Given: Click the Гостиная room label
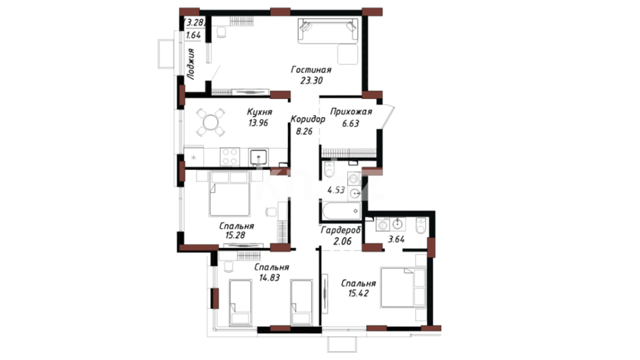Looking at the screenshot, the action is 311,70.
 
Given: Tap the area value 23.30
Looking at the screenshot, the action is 311,80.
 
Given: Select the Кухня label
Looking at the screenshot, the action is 259,112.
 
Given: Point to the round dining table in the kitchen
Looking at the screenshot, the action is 210,122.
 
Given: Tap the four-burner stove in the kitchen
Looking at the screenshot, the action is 230,156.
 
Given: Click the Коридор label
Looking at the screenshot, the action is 308,119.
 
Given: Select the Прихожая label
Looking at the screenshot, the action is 351,112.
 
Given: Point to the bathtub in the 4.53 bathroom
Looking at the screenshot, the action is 341,211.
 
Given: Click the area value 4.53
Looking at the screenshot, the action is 336,190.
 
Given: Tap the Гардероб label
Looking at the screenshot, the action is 341,230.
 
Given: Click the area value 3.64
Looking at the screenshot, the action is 396,239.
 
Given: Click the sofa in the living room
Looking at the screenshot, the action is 328,31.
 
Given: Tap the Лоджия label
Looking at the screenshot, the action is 191,64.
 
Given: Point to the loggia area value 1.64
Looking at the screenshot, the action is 193,35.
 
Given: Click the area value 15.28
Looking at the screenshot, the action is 235,235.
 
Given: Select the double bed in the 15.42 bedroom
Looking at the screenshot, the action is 403,287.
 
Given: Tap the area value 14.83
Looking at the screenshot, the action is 269,277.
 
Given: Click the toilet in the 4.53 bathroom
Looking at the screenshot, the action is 329,170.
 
